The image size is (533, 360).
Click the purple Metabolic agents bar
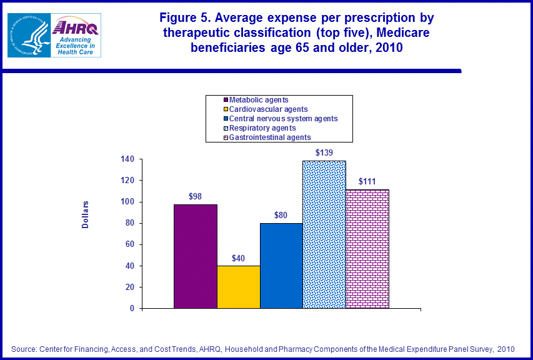click(196, 256)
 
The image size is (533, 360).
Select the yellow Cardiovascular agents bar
click(239, 287)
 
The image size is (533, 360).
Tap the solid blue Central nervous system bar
click(281, 266)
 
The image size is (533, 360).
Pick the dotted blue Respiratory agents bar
click(324, 234)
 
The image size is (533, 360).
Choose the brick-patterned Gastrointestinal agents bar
click(367, 249)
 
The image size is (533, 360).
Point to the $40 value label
click(239, 257)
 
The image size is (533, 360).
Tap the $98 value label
click(196, 196)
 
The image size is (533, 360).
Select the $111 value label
click(367, 181)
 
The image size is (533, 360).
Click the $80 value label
click(281, 216)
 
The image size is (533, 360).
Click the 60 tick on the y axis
click(129, 244)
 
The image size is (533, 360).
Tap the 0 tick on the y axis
click(131, 309)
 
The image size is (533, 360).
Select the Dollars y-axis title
click(86, 214)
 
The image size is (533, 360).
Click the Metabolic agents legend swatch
click(225, 100)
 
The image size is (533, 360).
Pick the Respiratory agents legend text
click(262, 127)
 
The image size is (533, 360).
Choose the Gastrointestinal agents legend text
click(270, 137)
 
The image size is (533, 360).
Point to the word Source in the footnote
click(24, 348)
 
